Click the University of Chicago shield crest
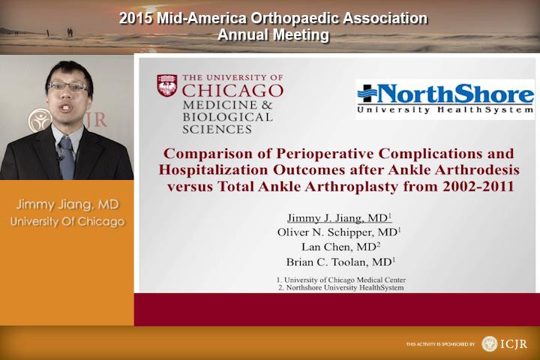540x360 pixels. coord(167,85)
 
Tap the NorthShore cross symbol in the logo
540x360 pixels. coord(368,93)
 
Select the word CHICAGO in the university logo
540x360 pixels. coord(232,91)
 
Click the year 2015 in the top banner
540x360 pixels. coord(136,18)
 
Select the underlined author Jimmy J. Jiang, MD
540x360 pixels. coord(339,217)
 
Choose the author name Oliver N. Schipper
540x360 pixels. coord(325,232)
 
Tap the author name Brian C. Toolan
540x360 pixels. coord(327,262)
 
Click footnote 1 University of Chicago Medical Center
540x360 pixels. coord(341,280)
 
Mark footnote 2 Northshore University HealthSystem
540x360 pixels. coord(341,287)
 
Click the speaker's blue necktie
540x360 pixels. coord(67,157)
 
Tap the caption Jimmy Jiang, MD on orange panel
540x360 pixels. coord(67,204)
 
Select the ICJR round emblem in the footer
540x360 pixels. coord(489,343)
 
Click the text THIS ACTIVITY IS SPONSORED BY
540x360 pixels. coord(440,344)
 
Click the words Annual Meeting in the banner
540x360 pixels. coord(274,34)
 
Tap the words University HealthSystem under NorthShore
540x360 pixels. coord(445,110)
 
